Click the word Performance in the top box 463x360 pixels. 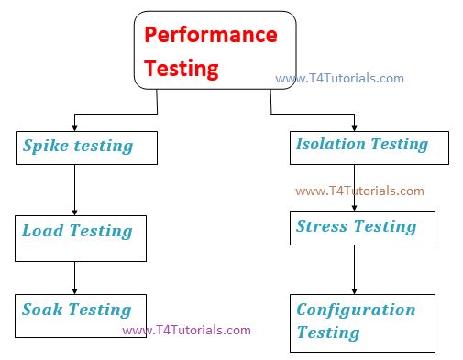pyautogui.click(x=211, y=36)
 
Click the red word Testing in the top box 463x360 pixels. pyautogui.click(x=182, y=68)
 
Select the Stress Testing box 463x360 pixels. pyautogui.click(x=361, y=227)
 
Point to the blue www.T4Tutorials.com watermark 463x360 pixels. pyautogui.click(x=339, y=78)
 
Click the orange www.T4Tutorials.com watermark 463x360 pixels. pyautogui.click(x=359, y=191)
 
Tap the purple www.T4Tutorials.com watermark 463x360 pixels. pyautogui.click(x=186, y=330)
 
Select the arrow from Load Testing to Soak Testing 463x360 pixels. pyautogui.click(x=73, y=278)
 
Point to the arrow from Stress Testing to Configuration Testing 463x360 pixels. pyautogui.click(x=355, y=269)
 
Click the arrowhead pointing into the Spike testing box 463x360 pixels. pyautogui.click(x=73, y=127)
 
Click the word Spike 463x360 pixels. pyautogui.click(x=44, y=146)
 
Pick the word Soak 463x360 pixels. pyautogui.click(x=42, y=310)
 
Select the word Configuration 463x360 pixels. pyautogui.click(x=356, y=310)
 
